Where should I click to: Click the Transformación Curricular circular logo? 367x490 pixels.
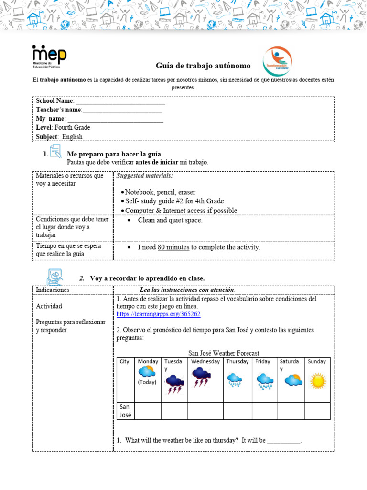(277, 62)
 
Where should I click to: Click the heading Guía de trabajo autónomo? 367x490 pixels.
(203, 66)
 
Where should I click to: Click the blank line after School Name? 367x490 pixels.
(120, 101)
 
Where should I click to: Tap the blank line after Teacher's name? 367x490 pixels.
(122, 110)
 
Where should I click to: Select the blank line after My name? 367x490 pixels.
(115, 119)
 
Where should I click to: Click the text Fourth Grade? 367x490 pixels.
(72, 128)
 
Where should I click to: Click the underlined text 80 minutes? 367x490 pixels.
(173, 247)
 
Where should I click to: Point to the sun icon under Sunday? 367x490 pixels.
(317, 381)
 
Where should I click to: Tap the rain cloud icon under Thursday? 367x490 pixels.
(235, 380)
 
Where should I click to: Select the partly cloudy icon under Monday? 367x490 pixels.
(146, 371)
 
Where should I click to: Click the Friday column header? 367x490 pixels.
(262, 362)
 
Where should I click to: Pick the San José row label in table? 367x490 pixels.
(125, 411)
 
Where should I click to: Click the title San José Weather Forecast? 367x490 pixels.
(224, 353)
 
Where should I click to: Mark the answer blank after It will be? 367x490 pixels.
(284, 441)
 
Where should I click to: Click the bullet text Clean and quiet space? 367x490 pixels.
(170, 221)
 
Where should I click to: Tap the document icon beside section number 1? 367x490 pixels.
(55, 152)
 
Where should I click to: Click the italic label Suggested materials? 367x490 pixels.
(144, 176)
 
